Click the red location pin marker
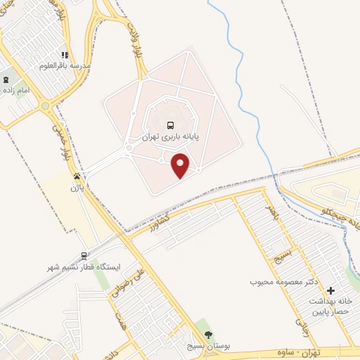pyautogui.click(x=181, y=165)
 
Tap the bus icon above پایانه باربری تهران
pyautogui.click(x=170, y=125)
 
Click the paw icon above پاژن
pyautogui.click(x=77, y=176)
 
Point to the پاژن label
pyautogui.click(x=77, y=188)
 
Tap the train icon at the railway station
pyautogui.click(x=84, y=256)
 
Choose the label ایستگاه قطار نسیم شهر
pyautogui.click(x=82, y=268)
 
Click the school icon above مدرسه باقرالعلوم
pyautogui.click(x=64, y=55)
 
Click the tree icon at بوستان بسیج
pyautogui.click(x=207, y=335)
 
